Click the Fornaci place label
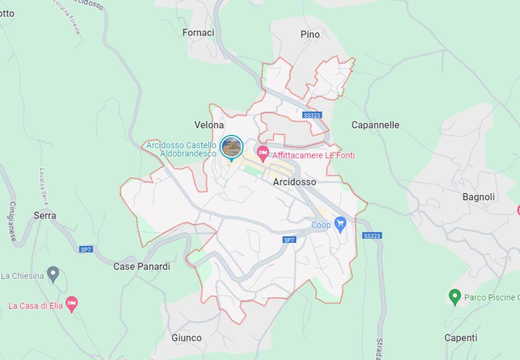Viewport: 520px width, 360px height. click(x=198, y=33)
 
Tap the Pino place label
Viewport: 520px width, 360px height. click(x=310, y=34)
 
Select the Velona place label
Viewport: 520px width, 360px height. click(x=209, y=125)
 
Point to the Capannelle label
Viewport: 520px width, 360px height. click(x=375, y=125)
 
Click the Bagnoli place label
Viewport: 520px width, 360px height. click(x=478, y=197)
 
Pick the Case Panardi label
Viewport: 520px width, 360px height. click(x=142, y=266)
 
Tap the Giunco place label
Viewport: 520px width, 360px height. click(x=187, y=338)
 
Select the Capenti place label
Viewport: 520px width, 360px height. click(x=460, y=338)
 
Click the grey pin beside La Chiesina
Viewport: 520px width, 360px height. click(x=53, y=274)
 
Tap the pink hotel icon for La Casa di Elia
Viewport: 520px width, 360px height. click(x=72, y=304)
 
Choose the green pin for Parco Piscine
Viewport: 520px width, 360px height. click(x=454, y=297)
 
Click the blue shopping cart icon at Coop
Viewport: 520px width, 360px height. click(x=340, y=224)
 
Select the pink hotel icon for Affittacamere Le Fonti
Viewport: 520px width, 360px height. click(x=263, y=153)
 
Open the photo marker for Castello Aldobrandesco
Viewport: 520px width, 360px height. click(x=231, y=147)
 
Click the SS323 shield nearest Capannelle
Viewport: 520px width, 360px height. click(x=311, y=115)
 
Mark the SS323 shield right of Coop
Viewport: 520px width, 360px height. click(x=372, y=236)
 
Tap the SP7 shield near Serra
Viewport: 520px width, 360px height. click(x=86, y=249)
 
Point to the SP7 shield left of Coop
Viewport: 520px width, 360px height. click(x=289, y=240)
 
